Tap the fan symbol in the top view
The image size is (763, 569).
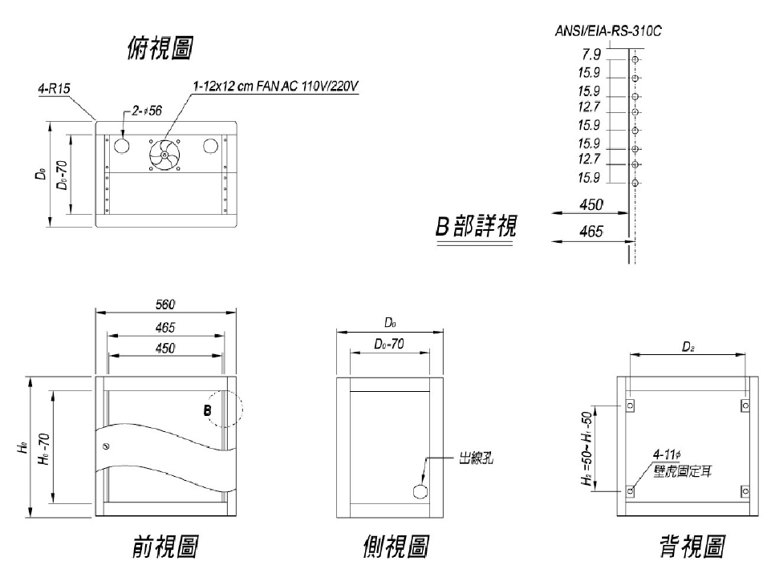pyautogui.click(x=164, y=155)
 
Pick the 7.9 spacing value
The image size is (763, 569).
pyautogui.click(x=591, y=54)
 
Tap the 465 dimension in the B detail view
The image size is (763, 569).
pyautogui.click(x=591, y=232)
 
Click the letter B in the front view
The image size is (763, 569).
pyautogui.click(x=207, y=411)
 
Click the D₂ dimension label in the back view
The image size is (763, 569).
pyautogui.click(x=688, y=345)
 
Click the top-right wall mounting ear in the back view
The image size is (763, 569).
pyautogui.click(x=745, y=406)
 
